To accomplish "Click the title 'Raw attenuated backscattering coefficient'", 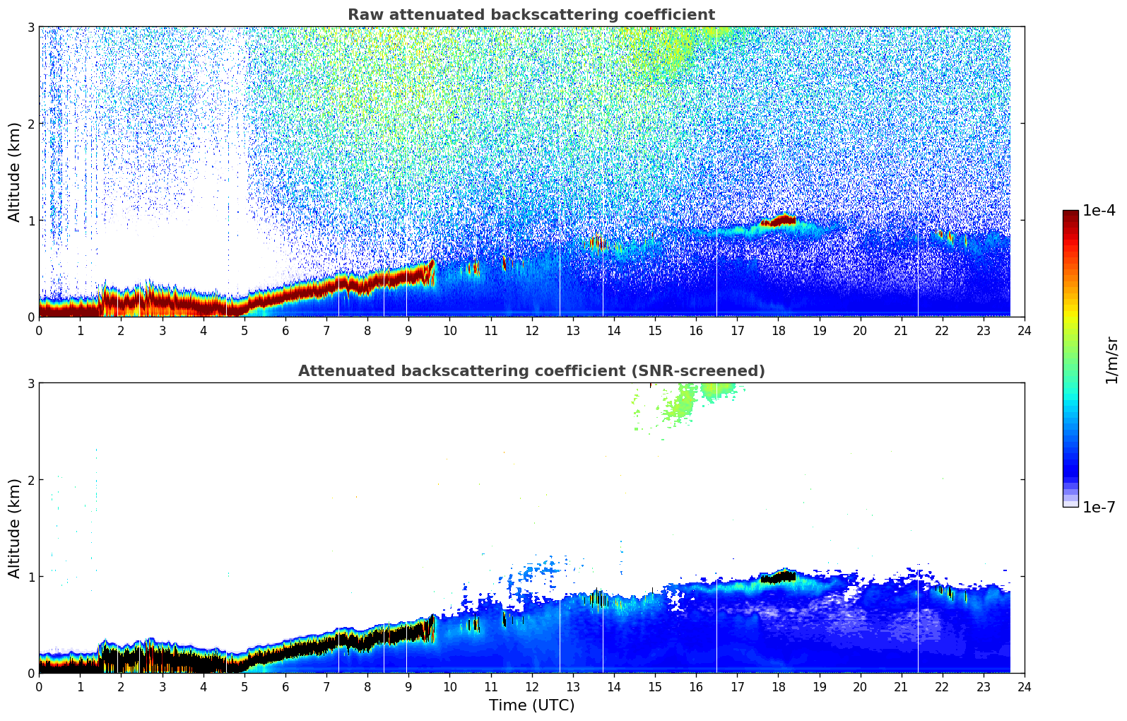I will [x=531, y=15].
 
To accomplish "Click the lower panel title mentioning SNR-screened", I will [x=531, y=371].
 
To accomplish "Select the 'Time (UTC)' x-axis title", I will [x=531, y=705].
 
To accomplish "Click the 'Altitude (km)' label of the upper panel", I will [x=14, y=172].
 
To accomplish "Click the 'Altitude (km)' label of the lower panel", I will [x=14, y=528].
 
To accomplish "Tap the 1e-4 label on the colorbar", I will [x=1099, y=211].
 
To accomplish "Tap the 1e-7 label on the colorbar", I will [x=1099, y=508].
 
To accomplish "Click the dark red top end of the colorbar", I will [x=1070, y=214].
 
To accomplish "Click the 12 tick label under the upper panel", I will [x=531, y=330].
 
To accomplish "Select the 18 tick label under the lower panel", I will [x=778, y=686].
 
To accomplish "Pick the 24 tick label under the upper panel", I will [x=1024, y=330].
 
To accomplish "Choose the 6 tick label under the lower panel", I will [x=285, y=686].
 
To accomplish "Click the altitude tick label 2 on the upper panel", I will [x=30, y=124].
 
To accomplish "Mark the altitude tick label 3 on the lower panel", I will [x=30, y=384].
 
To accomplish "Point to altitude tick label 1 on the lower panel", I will [x=30, y=577].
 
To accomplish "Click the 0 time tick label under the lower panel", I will [x=39, y=686].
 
